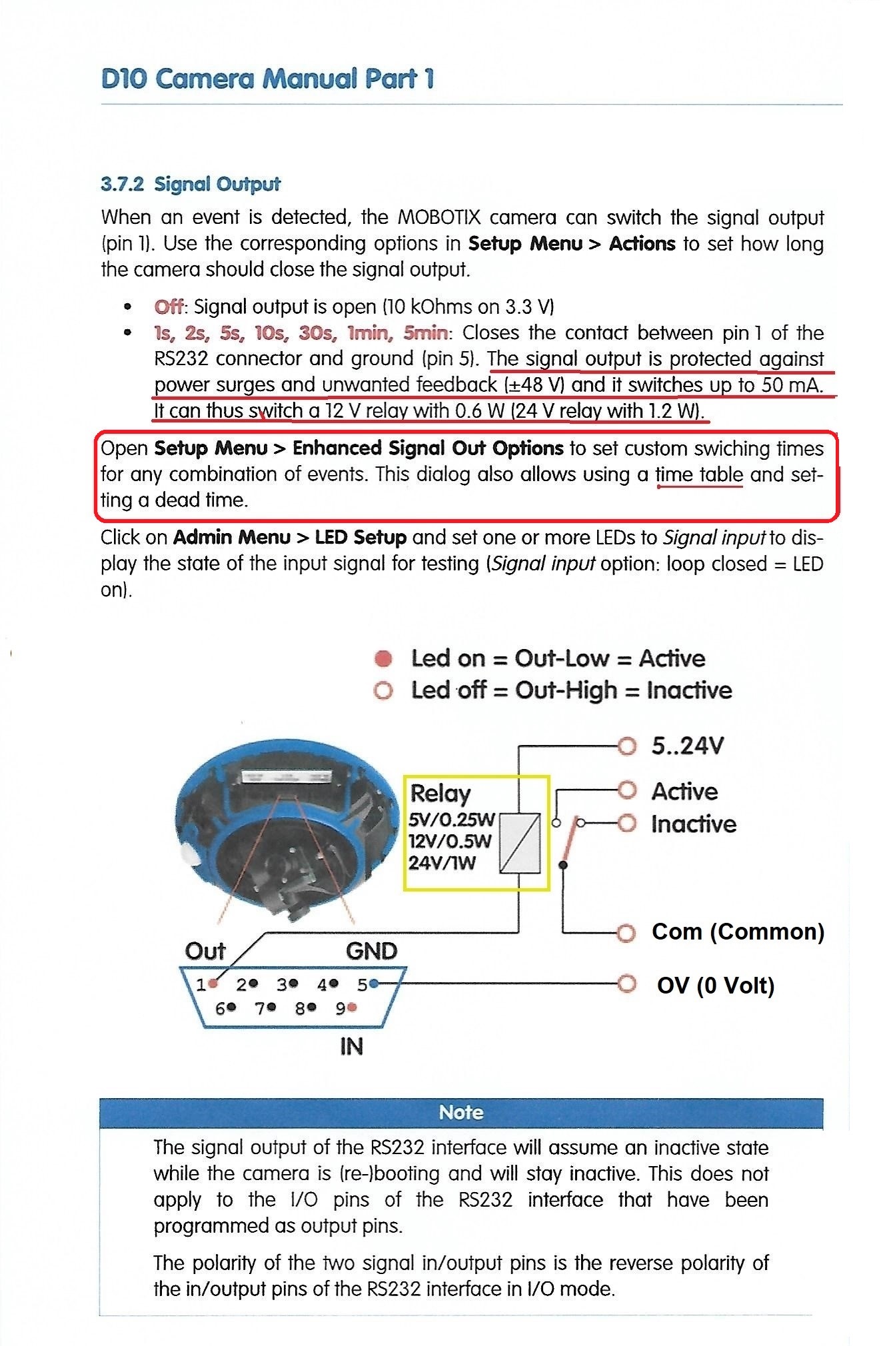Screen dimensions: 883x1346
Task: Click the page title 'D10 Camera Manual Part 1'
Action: pyautogui.click(x=267, y=79)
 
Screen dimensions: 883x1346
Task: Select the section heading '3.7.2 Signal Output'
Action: pyautogui.click(x=191, y=184)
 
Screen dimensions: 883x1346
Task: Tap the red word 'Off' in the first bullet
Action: pyautogui.click(x=169, y=307)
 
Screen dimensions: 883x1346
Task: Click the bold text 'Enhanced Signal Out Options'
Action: pyautogui.click(x=428, y=448)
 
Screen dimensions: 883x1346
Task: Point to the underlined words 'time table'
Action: pyautogui.click(x=699, y=474)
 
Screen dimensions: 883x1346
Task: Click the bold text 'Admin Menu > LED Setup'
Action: pyautogui.click(x=290, y=537)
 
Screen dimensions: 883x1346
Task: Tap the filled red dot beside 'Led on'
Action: pyautogui.click(x=383, y=659)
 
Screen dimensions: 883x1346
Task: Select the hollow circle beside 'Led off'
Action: pyautogui.click(x=383, y=690)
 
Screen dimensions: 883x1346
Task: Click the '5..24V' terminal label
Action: pyautogui.click(x=687, y=746)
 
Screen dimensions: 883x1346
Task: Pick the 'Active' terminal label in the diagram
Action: pyautogui.click(x=684, y=791)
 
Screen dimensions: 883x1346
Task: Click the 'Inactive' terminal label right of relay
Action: pyautogui.click(x=694, y=824)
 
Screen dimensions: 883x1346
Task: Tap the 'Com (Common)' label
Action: pyautogui.click(x=738, y=931)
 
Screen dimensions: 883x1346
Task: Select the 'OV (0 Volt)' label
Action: pyautogui.click(x=716, y=985)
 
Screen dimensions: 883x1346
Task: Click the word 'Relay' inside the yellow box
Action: pyautogui.click(x=440, y=793)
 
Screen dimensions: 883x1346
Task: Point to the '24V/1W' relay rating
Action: pyautogui.click(x=442, y=863)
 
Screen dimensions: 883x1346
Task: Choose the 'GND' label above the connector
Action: pyautogui.click(x=372, y=950)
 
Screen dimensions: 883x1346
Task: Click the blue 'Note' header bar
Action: pyautogui.click(x=461, y=1113)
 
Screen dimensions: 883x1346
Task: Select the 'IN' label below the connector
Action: pyautogui.click(x=351, y=1047)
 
